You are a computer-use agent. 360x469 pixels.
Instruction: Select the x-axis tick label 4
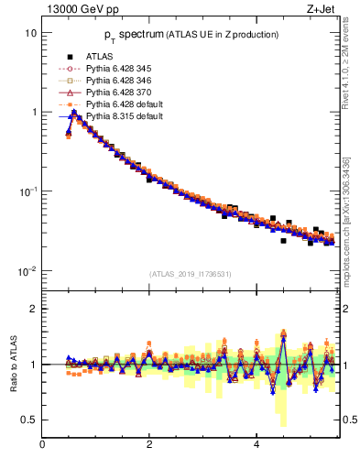256,445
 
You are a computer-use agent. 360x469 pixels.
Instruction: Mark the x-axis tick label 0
42,445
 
